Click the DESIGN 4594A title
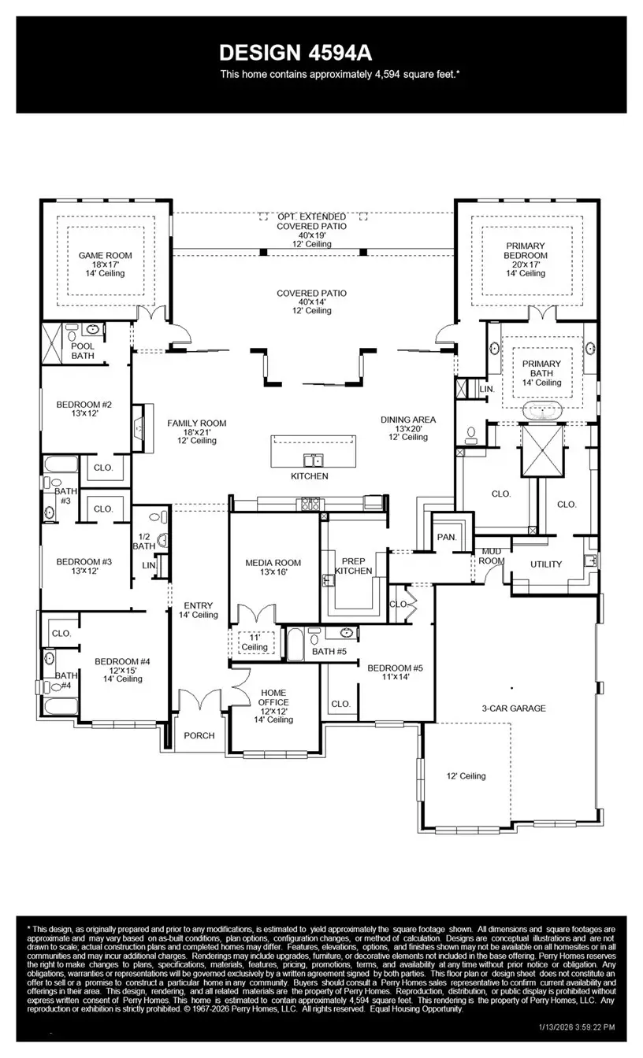(295, 53)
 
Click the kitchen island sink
(313, 460)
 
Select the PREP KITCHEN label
(353, 565)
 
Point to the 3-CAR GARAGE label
(514, 708)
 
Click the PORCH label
(199, 735)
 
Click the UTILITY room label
(546, 564)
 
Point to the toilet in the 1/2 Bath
(163, 540)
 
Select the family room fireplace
(139, 428)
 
